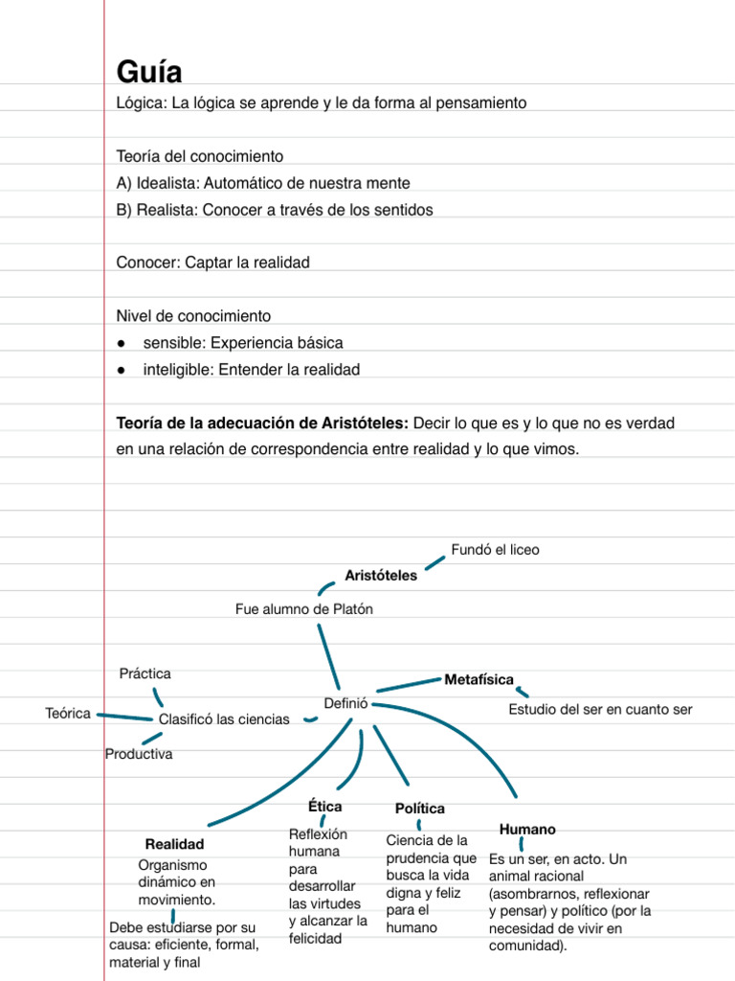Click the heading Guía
point(149,72)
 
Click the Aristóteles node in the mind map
point(381,576)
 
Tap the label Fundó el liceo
point(495,550)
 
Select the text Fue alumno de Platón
point(304,609)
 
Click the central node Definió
point(345,702)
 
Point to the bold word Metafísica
point(479,680)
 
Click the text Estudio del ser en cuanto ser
point(600,710)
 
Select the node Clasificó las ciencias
point(224,719)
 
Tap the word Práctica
point(145,674)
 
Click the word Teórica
point(68,713)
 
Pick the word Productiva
point(139,755)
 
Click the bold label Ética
point(324,807)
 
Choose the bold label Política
point(419,810)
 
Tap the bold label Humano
point(527,829)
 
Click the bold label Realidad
point(174,845)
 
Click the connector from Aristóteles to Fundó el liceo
point(434,562)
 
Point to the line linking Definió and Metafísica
point(408,685)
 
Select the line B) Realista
point(275,210)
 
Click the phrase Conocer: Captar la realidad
point(212,262)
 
